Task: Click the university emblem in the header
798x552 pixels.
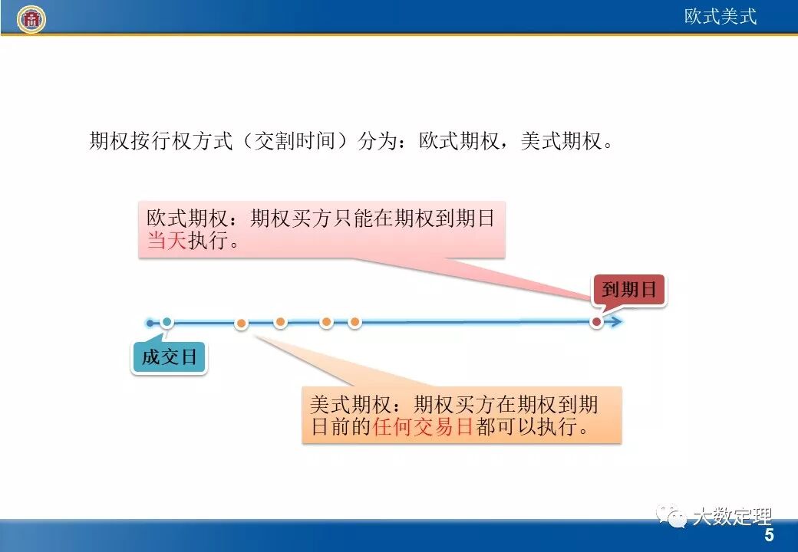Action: (31, 18)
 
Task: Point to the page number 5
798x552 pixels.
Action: (769, 535)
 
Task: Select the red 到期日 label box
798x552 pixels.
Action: (629, 290)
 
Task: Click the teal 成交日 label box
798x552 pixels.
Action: (169, 357)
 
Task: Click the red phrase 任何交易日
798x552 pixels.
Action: (423, 427)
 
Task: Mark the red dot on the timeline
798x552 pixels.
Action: (596, 322)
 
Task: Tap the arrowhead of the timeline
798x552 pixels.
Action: (616, 322)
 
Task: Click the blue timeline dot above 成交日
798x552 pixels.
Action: (167, 322)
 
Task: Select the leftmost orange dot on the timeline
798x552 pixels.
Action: (242, 324)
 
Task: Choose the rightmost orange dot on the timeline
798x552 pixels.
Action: (354, 322)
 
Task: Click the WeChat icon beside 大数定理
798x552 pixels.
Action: (676, 519)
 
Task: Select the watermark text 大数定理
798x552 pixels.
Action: (731, 517)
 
